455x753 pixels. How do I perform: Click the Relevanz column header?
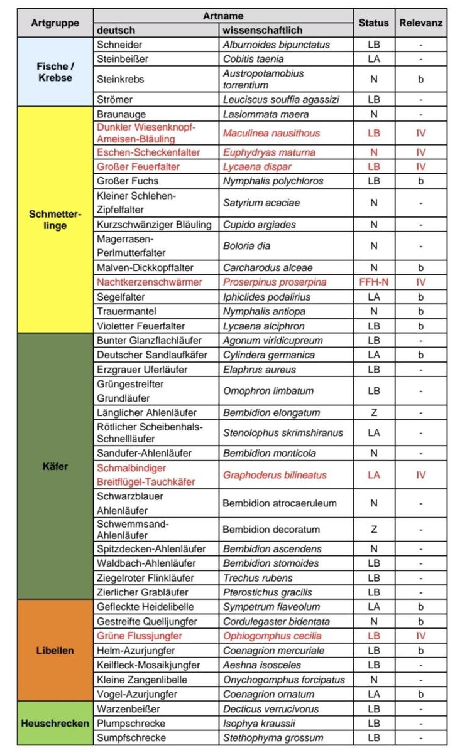(x=420, y=23)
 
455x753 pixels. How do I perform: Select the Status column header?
(x=374, y=23)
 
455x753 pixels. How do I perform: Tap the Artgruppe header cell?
(x=55, y=23)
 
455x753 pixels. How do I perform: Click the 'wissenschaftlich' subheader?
(x=262, y=30)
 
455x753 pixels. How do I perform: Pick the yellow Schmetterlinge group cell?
(x=55, y=219)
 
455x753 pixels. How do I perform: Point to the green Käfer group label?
(x=55, y=466)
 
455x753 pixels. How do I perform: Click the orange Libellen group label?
(x=55, y=650)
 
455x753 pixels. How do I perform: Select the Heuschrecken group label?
(x=55, y=723)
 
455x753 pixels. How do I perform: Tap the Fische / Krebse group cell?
(x=55, y=72)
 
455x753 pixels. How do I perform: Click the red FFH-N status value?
(x=374, y=282)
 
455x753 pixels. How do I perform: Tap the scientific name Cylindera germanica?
(x=268, y=355)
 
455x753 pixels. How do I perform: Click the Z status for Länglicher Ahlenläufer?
(x=374, y=413)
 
